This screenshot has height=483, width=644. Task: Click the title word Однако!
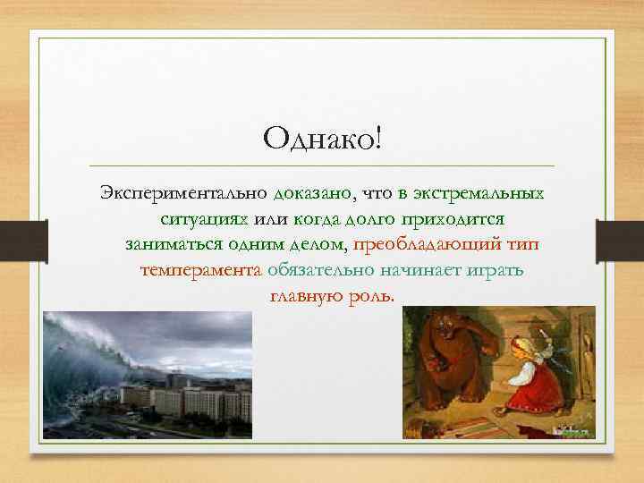coord(321,139)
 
